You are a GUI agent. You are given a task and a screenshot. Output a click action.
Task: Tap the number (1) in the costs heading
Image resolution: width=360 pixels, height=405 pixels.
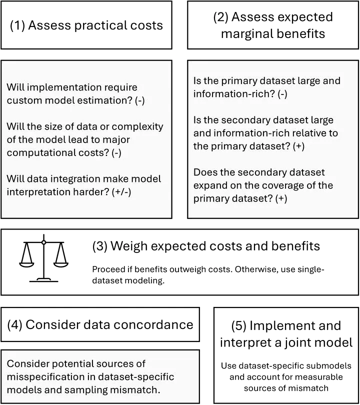point(17,25)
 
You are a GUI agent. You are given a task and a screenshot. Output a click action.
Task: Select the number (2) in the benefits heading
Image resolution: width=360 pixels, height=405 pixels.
point(221,17)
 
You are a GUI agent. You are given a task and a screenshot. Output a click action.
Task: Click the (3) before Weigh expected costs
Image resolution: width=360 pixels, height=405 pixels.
point(99,246)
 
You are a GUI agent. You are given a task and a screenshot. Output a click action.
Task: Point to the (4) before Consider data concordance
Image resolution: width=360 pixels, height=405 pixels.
point(15,324)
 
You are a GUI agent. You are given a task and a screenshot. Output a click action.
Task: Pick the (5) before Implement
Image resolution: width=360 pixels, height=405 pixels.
point(238,325)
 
